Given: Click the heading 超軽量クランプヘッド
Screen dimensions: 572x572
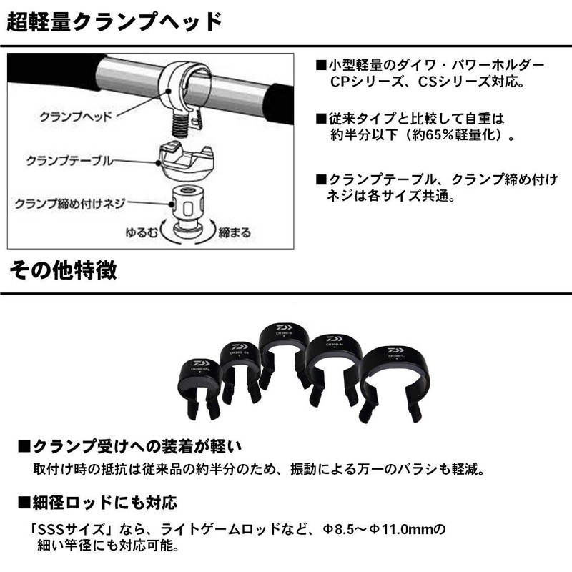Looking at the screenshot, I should (114, 22).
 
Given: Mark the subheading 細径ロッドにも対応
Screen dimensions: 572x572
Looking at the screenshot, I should (104, 502).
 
